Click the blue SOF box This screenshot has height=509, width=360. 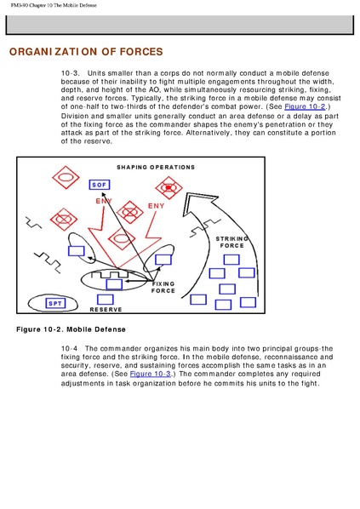tap(100, 185)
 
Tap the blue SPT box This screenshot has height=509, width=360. tap(55, 304)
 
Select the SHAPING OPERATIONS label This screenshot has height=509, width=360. tap(156, 168)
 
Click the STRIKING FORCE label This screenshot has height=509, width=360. tap(231, 243)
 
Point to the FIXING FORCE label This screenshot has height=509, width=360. tap(163, 288)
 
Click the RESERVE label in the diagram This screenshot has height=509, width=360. tap(106, 310)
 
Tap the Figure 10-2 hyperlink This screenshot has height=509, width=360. tap(305, 106)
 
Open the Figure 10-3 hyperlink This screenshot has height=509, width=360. tap(151, 374)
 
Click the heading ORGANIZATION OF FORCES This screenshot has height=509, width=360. tap(86, 52)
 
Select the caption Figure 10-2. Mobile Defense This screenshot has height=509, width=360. tap(71, 329)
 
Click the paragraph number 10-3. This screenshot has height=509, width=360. tap(70, 73)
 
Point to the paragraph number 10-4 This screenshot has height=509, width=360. tap(69, 349)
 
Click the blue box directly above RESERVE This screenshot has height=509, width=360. tap(106, 300)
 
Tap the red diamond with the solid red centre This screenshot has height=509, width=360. tap(169, 187)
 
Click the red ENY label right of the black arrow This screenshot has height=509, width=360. tap(156, 206)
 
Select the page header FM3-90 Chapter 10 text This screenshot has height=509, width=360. tap(54, 5)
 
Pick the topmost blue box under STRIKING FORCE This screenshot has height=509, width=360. tap(231, 260)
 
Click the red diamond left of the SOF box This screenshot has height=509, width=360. tap(66, 177)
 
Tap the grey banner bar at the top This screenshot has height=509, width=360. tap(180, 25)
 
